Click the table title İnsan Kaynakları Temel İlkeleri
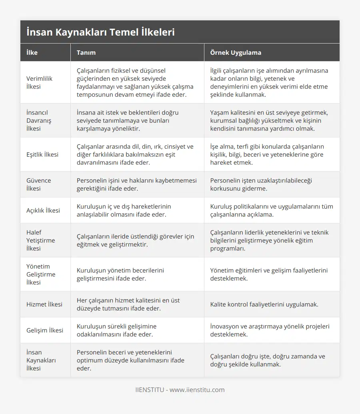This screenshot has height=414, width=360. tap(100, 32)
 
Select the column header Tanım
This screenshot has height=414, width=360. tap(86, 52)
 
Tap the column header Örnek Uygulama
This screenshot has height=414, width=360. tap(236, 52)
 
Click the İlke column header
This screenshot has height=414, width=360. tap(32, 52)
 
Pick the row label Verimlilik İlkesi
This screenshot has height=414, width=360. tap(39, 82)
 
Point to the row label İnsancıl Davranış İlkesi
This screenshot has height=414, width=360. tap(37, 120)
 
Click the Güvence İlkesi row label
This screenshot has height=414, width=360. tap(38, 184)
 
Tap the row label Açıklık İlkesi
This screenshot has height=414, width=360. tap(43, 210)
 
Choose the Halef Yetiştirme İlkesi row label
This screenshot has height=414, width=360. tap(40, 240)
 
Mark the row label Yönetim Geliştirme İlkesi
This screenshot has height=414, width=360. tap(40, 274)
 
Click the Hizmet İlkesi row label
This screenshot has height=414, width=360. tap(44, 304)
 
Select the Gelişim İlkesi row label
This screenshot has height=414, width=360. tap(44, 330)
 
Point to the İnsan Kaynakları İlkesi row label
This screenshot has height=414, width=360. tap(41, 360)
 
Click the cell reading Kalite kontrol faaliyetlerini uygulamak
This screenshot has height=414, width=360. tap(264, 304)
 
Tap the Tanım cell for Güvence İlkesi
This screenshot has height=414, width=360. tap(136, 184)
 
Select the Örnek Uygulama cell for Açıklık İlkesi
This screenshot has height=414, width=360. tap(271, 210)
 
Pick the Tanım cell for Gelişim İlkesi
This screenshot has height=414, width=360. tap(116, 330)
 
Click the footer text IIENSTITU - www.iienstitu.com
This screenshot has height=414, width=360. tap(180, 390)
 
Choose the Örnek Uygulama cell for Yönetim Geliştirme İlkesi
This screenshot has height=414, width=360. tap(268, 274)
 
